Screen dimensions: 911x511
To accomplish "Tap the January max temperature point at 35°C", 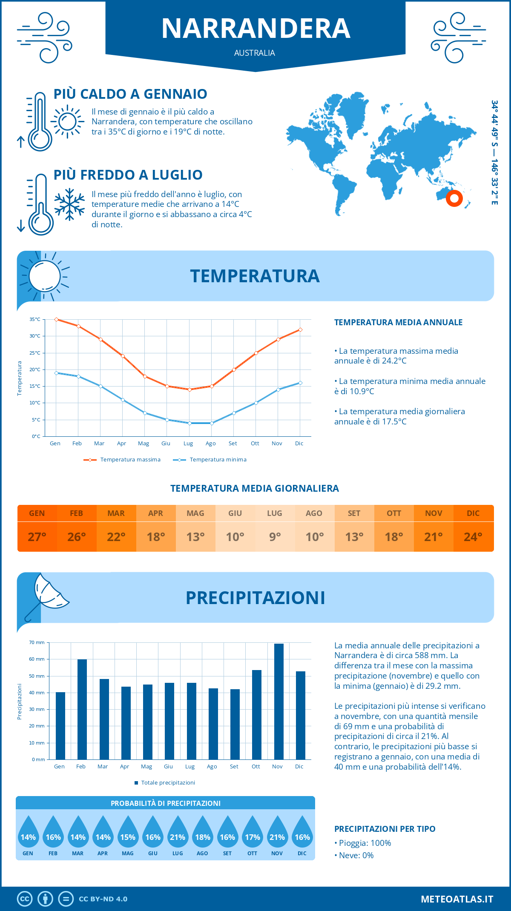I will pos(56,319).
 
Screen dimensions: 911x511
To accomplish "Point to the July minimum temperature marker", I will pos(189,423).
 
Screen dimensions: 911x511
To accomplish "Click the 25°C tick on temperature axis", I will pos(35,353).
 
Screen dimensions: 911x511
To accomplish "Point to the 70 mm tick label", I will pos(37,642).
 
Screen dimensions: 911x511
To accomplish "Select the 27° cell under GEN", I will pos(37,537).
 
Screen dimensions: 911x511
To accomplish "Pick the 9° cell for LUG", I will pos(275,537).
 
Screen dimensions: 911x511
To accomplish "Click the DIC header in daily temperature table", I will pos(473,513).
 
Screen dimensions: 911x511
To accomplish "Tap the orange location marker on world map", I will pos(454,198).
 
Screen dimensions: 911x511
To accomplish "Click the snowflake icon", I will pos(69,204).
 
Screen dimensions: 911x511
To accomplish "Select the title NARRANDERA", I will pos(255,29).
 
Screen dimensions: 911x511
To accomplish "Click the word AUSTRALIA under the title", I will pos(255,53).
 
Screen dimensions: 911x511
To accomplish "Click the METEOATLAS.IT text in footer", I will pos(457,899).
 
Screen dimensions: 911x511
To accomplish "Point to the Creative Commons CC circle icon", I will pos(25,899).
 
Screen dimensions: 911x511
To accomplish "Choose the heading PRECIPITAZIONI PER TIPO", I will pos(385,829).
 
